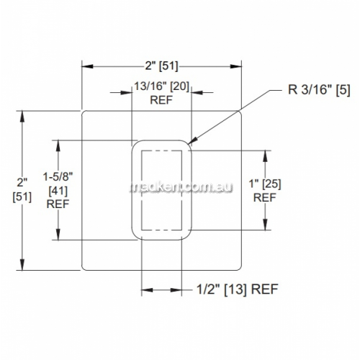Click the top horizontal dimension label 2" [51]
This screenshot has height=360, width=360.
(161, 66)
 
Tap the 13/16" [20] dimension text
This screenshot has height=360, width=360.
(161, 86)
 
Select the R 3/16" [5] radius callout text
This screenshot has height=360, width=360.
(319, 90)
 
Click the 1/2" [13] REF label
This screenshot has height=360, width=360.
(238, 289)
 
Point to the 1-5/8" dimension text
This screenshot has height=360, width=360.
(58, 177)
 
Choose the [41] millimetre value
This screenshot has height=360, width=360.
(58, 191)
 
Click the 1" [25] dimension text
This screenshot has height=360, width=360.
(265, 184)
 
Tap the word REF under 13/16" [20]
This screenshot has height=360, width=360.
(161, 100)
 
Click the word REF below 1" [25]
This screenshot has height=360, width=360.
(265, 198)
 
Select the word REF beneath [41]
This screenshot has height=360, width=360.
(58, 204)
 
